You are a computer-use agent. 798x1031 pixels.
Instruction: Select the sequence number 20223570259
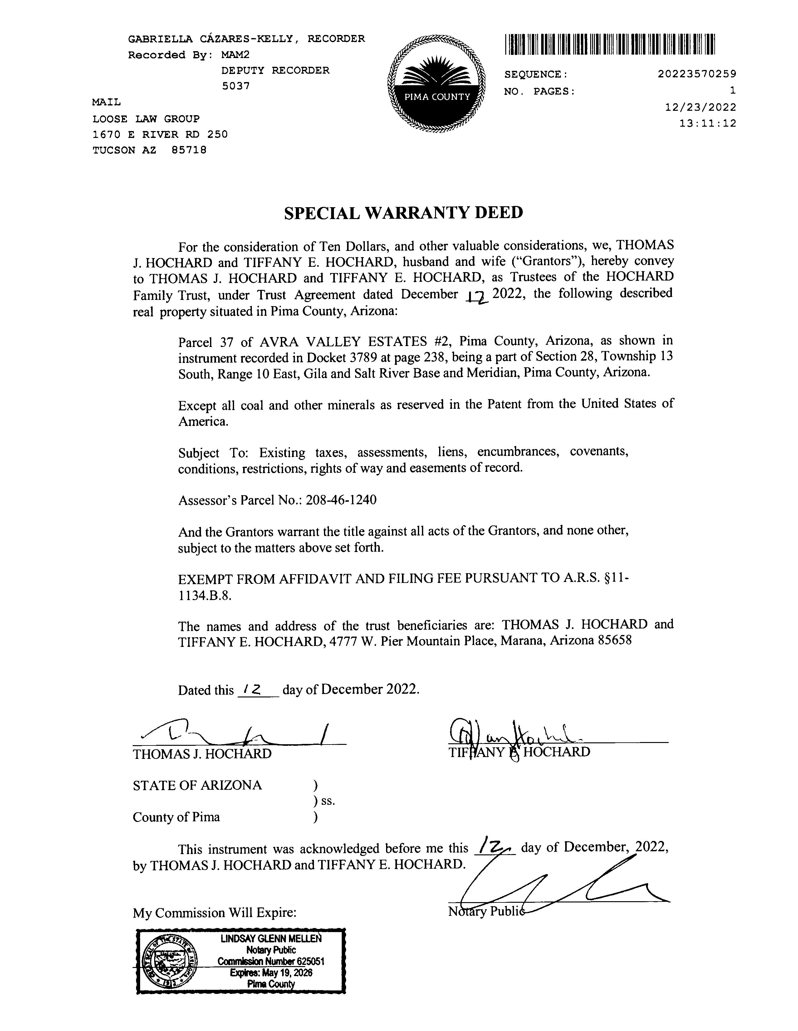pos(697,74)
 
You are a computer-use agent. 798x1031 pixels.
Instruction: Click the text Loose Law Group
pos(146,119)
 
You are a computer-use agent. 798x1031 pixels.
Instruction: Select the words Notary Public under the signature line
pos(486,911)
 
